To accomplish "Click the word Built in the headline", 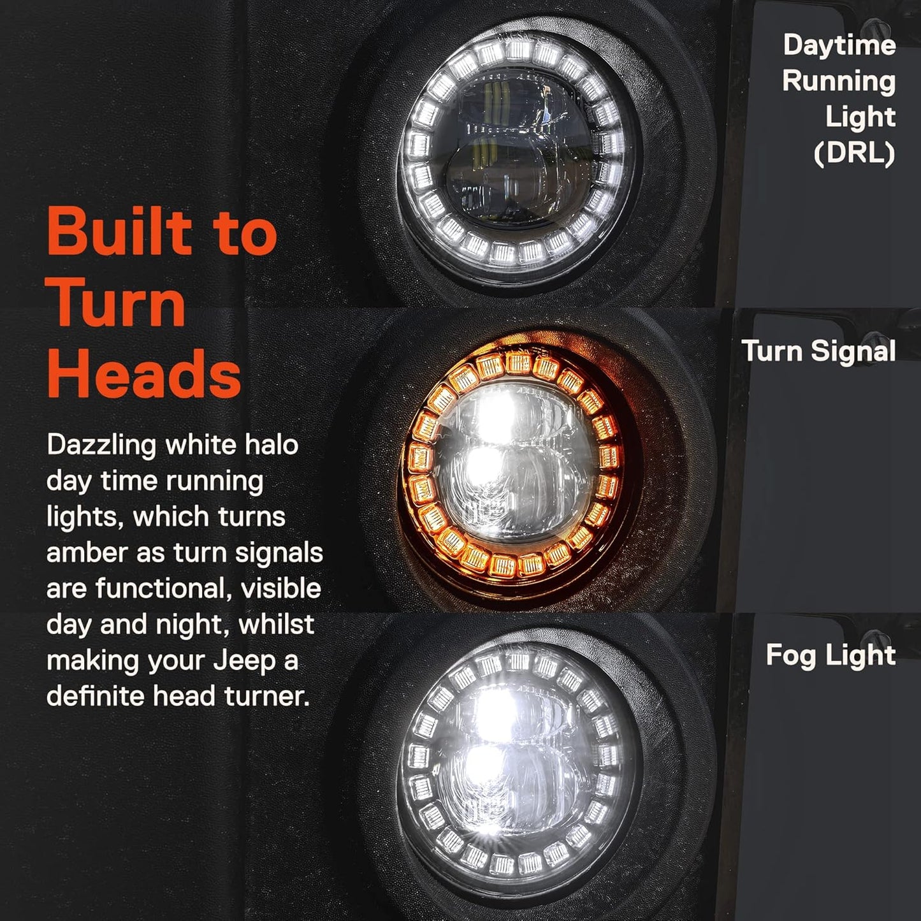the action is [x=120, y=233].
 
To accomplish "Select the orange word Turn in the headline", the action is [x=117, y=304].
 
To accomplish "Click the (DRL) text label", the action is [x=854, y=154].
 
